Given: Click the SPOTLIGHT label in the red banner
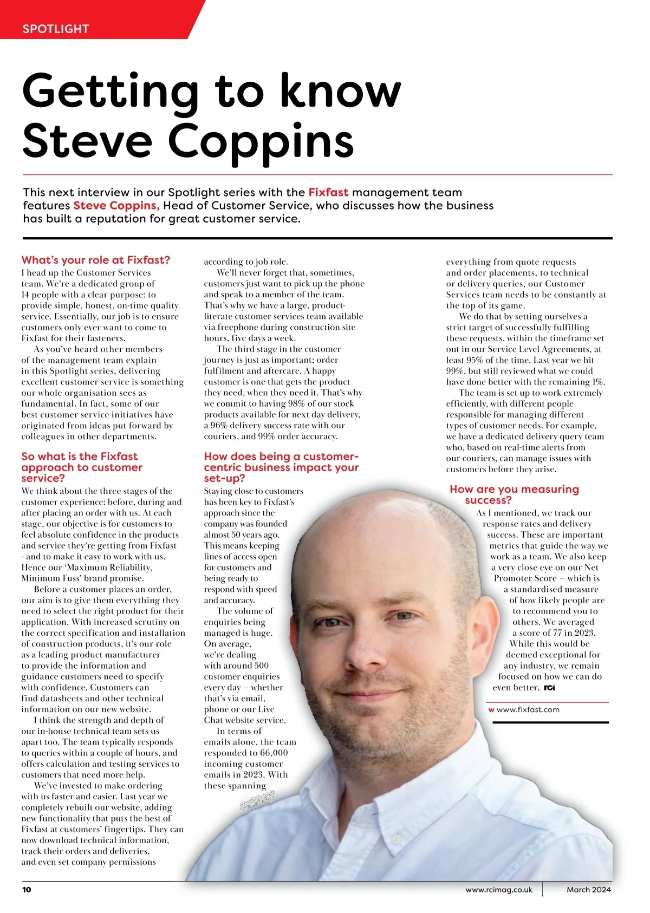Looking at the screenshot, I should pos(55,29).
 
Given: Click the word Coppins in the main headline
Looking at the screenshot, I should pos(261,140).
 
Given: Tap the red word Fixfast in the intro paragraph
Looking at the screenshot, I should pos(328,192).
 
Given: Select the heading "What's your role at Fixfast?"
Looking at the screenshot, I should pos(96,260).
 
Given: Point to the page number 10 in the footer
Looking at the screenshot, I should pos(27,890).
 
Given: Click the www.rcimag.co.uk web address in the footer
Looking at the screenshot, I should pos(499,890).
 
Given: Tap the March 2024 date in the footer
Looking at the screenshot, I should pos(588,890).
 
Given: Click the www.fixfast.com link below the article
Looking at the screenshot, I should pos(528,709).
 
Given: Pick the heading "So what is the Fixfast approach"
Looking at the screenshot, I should pos(81,467).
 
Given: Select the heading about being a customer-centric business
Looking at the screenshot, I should pos(281,467).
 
